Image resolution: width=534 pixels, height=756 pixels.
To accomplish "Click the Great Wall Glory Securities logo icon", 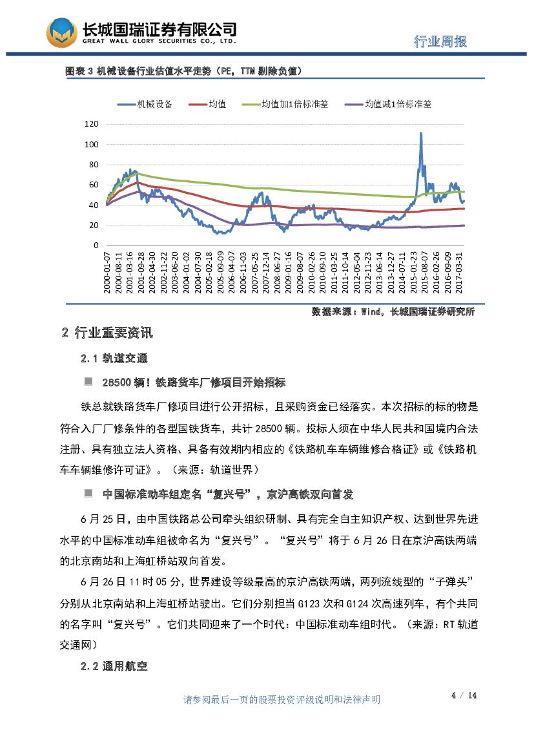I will click(x=61, y=32).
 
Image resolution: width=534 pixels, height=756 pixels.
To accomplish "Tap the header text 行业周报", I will click(x=440, y=42).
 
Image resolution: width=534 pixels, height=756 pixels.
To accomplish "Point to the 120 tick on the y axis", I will click(x=92, y=124).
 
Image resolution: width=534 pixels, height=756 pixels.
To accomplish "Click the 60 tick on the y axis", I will click(x=94, y=185).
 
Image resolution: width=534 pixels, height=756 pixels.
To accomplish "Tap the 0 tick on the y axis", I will click(x=96, y=246).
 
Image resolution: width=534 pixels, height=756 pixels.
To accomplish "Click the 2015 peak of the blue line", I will click(x=421, y=134).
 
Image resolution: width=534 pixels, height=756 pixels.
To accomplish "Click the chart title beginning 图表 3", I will click(x=183, y=71).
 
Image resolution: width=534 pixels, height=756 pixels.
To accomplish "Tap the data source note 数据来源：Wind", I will click(x=393, y=311).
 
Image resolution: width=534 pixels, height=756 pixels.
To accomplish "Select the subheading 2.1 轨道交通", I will click(x=114, y=359).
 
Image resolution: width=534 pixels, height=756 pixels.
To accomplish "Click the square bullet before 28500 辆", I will click(x=88, y=382).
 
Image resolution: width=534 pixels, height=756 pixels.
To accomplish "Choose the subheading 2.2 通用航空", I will click(x=114, y=666).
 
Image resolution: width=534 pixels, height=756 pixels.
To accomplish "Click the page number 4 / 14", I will click(x=464, y=695).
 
